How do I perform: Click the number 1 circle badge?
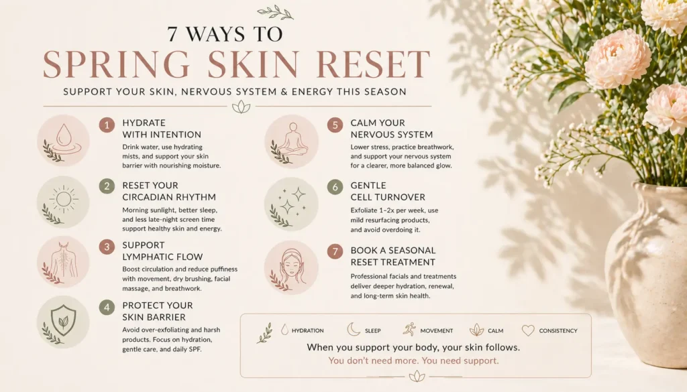coord(107,125)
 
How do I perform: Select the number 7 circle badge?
coord(335,252)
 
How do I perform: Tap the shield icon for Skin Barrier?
coord(64,320)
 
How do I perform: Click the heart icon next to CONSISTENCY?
coord(528,330)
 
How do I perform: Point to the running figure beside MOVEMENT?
coord(409,330)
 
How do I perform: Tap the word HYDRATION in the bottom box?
coord(308,330)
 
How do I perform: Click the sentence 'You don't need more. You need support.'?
coord(413,361)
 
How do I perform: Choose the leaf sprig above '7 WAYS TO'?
coord(275,12)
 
